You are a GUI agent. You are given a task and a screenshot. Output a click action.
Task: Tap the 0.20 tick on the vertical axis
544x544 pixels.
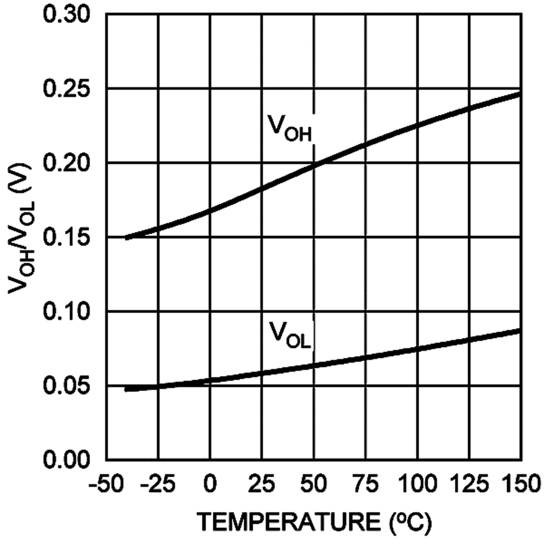tap(67, 163)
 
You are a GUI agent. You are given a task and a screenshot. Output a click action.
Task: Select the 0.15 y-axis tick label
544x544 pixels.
tap(67, 237)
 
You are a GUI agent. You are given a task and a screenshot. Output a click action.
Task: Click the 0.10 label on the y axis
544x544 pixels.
tap(67, 311)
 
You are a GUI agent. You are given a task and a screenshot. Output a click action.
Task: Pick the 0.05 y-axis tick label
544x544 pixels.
tap(67, 385)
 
